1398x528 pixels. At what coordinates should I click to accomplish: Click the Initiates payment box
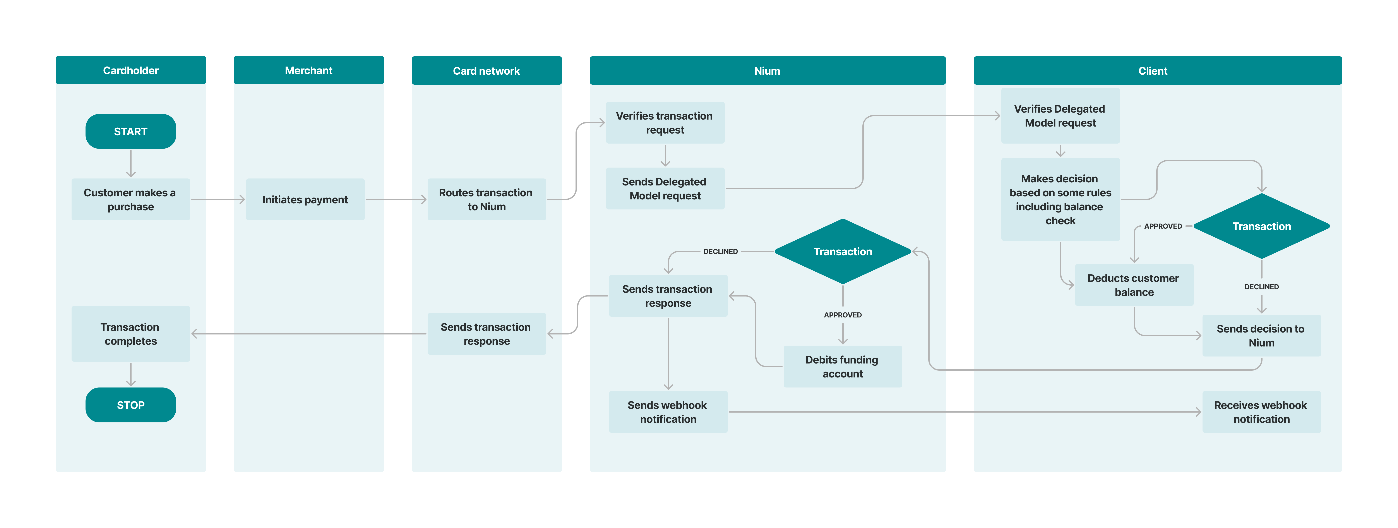tap(305, 200)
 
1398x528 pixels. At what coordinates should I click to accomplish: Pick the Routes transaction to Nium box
tap(486, 200)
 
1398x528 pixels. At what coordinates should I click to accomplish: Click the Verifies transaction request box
tap(665, 123)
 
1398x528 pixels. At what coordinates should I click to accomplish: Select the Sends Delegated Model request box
tap(665, 189)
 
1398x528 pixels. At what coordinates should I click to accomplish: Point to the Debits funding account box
tap(842, 367)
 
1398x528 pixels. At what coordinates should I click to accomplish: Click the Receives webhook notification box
tap(1261, 412)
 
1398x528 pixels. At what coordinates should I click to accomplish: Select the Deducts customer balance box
tap(1134, 285)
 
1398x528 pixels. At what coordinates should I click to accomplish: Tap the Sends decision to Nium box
tap(1261, 335)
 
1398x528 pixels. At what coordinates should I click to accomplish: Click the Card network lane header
tap(486, 70)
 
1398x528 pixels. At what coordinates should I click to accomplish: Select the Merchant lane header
tap(308, 70)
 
